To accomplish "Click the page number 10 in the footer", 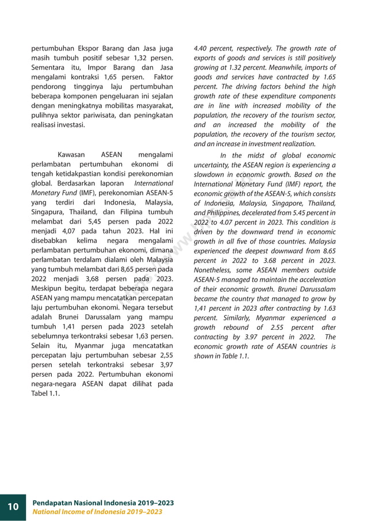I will click(x=13, y=506).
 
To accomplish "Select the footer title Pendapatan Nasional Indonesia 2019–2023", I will click(x=103, y=503).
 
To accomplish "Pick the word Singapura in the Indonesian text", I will click(x=48, y=212).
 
